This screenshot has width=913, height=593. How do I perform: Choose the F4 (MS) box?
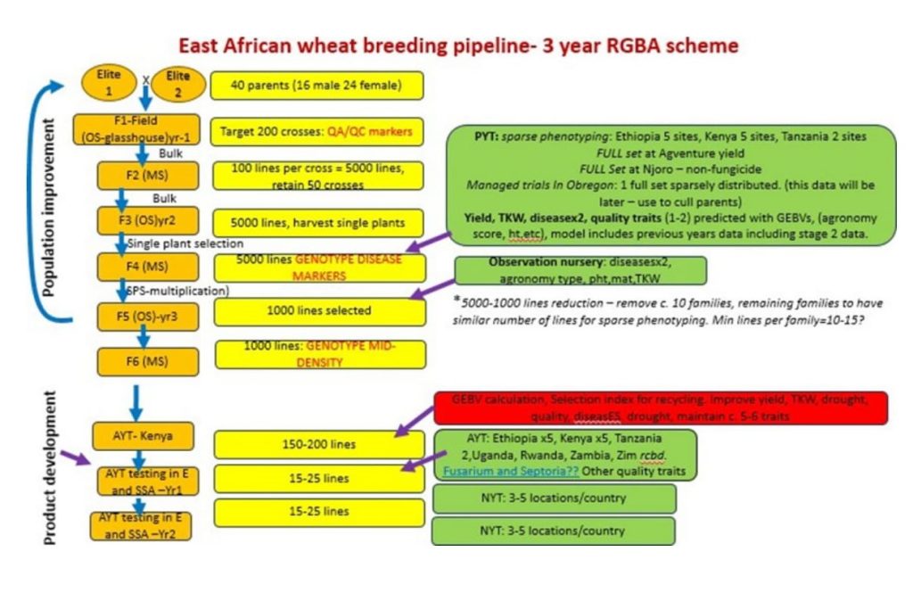tap(131, 267)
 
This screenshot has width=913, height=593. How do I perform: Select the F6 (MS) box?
tap(131, 361)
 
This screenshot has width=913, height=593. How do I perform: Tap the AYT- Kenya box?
tap(131, 436)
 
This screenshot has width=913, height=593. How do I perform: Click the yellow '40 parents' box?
tap(317, 86)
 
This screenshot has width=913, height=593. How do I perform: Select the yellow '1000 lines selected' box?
tap(319, 311)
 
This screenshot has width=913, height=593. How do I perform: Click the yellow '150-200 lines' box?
tap(319, 444)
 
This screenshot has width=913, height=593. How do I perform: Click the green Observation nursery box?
tap(580, 270)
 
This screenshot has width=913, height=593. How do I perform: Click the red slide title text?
tap(458, 45)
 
